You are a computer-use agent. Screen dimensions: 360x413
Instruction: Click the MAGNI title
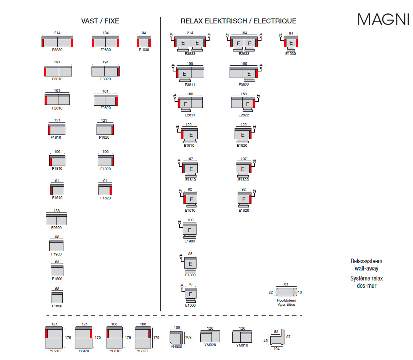point(383,20)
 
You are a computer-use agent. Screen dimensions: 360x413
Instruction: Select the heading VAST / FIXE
point(100,21)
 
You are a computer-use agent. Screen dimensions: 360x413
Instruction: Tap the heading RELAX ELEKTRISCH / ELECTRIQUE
point(238,21)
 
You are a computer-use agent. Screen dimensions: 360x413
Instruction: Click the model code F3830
point(57,50)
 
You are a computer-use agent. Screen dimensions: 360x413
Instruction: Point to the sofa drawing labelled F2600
point(56,220)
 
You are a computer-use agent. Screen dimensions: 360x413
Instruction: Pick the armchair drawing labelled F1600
point(57,298)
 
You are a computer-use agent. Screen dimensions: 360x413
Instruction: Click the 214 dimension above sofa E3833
point(190,33)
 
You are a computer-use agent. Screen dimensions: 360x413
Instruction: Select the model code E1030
point(291,54)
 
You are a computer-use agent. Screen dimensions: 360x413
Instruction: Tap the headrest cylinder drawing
point(286,292)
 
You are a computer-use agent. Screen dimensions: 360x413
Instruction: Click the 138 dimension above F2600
point(56,211)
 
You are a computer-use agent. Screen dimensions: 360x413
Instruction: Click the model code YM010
point(242,345)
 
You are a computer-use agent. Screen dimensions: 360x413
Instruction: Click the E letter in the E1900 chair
point(190,230)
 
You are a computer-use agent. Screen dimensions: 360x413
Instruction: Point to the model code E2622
point(243,115)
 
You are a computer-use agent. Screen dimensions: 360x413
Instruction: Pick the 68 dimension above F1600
point(57,289)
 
